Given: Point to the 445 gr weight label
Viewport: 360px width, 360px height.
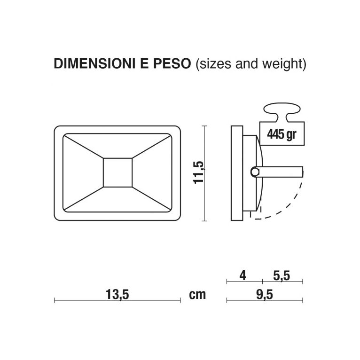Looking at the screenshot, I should coord(282,134).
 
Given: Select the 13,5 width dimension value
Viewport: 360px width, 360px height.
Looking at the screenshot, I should coord(117,295).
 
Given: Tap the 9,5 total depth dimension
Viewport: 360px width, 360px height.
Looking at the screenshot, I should coord(265,295).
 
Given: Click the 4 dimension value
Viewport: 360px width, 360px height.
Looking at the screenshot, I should coord(243,275).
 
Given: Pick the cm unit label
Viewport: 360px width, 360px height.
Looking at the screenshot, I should coord(197,295).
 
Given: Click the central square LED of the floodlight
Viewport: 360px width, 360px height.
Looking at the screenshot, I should coord(117,172).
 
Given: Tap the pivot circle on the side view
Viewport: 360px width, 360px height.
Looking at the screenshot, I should coord(255,172).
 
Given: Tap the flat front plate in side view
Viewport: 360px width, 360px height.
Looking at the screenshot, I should coord(237,172).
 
